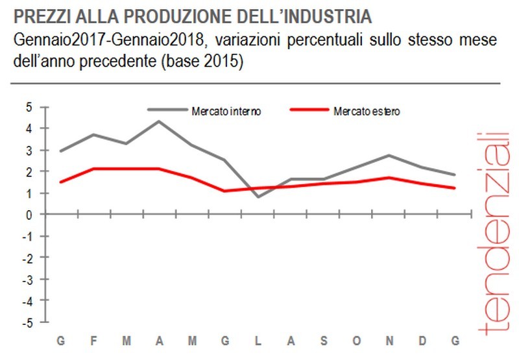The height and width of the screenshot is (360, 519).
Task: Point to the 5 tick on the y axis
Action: tap(29, 108)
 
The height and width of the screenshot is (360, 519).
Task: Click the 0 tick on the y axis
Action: tap(29, 215)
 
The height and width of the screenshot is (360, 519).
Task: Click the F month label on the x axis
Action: tap(94, 341)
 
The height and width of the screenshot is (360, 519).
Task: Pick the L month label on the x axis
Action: tap(258, 341)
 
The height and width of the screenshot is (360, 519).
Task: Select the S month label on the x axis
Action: tap(324, 341)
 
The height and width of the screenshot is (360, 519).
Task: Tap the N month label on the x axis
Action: tap(389, 341)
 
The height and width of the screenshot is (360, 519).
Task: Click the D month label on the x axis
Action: tap(422, 341)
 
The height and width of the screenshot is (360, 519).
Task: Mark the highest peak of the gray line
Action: tap(159, 121)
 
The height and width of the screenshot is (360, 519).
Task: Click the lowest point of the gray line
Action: tap(258, 197)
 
